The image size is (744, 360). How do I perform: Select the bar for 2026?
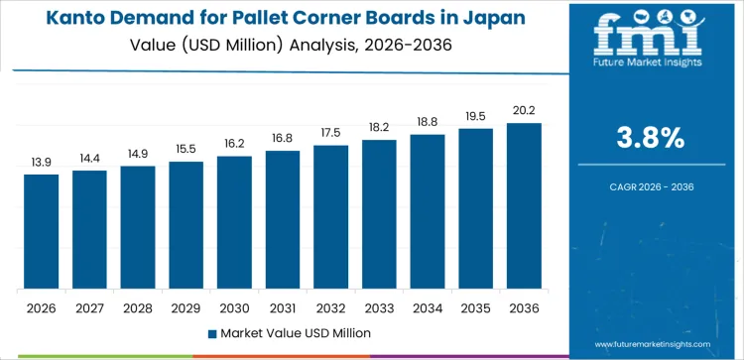click(42, 232)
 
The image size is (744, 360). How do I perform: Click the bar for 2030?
click(234, 223)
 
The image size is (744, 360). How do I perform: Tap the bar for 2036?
click(524, 206)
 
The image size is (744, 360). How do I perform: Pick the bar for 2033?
click(379, 214)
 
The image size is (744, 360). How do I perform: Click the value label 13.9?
click(42, 161)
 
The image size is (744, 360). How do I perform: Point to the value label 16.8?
click(283, 138)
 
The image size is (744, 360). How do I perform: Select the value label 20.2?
click(524, 110)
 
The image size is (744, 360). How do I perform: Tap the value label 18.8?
click(428, 121)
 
